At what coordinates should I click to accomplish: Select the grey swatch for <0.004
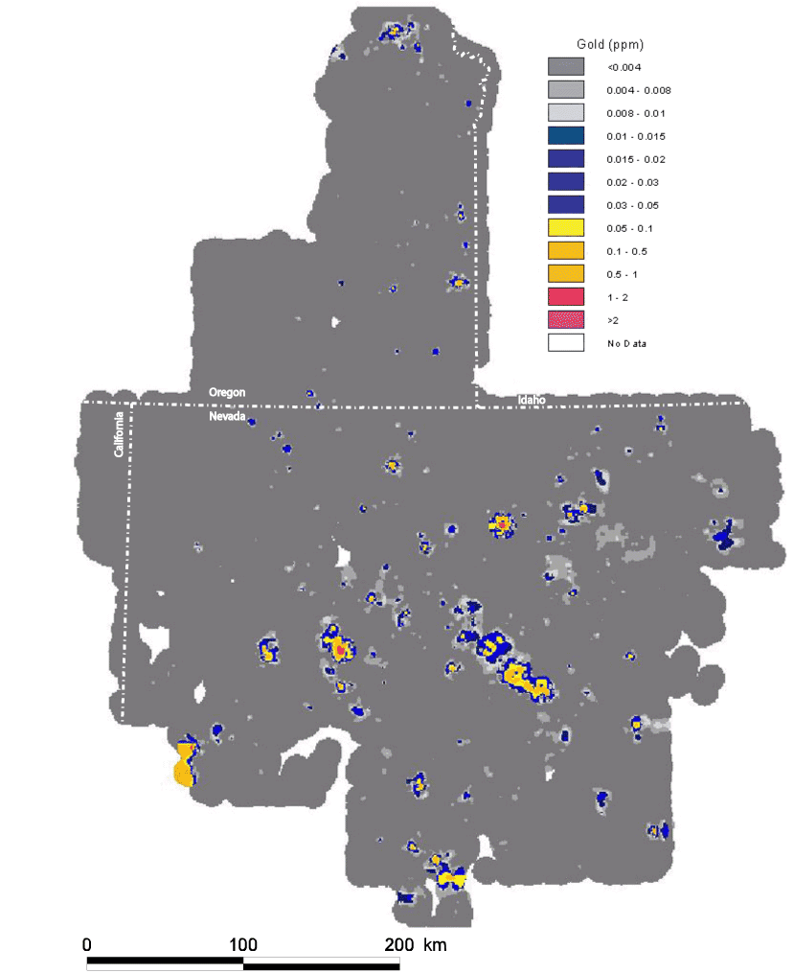point(566,67)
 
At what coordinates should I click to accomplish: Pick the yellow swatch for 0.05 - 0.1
point(566,228)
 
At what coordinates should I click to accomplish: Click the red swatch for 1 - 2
point(566,297)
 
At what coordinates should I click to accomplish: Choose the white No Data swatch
point(566,342)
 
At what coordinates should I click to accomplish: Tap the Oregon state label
point(228,393)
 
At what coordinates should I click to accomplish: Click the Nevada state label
point(228,416)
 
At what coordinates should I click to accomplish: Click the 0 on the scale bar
point(87,944)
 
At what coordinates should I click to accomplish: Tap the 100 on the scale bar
point(243,944)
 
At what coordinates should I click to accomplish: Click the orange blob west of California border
point(183,770)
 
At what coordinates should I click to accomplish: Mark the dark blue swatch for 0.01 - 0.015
point(566,136)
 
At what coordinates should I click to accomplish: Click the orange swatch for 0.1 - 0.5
point(566,251)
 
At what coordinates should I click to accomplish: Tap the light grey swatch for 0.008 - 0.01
point(566,113)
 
